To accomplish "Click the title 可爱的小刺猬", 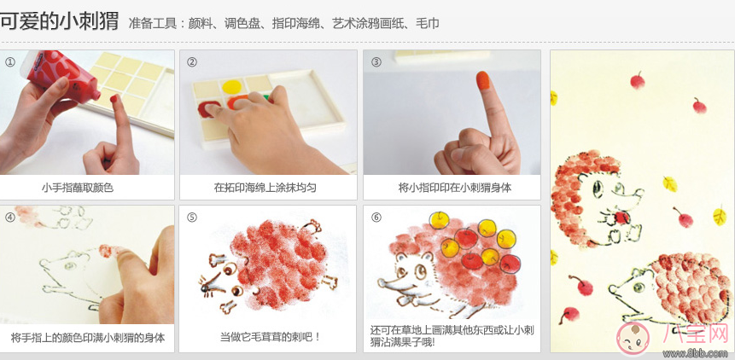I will [x=59, y=21].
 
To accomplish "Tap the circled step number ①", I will [x=10, y=61].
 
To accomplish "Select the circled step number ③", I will [x=376, y=61].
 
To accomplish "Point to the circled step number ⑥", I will [x=376, y=217].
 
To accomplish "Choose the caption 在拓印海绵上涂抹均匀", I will [x=265, y=188].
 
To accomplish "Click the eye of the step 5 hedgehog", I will [x=224, y=273].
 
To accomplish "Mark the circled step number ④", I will [x=10, y=217].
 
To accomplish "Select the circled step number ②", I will [x=192, y=61].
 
